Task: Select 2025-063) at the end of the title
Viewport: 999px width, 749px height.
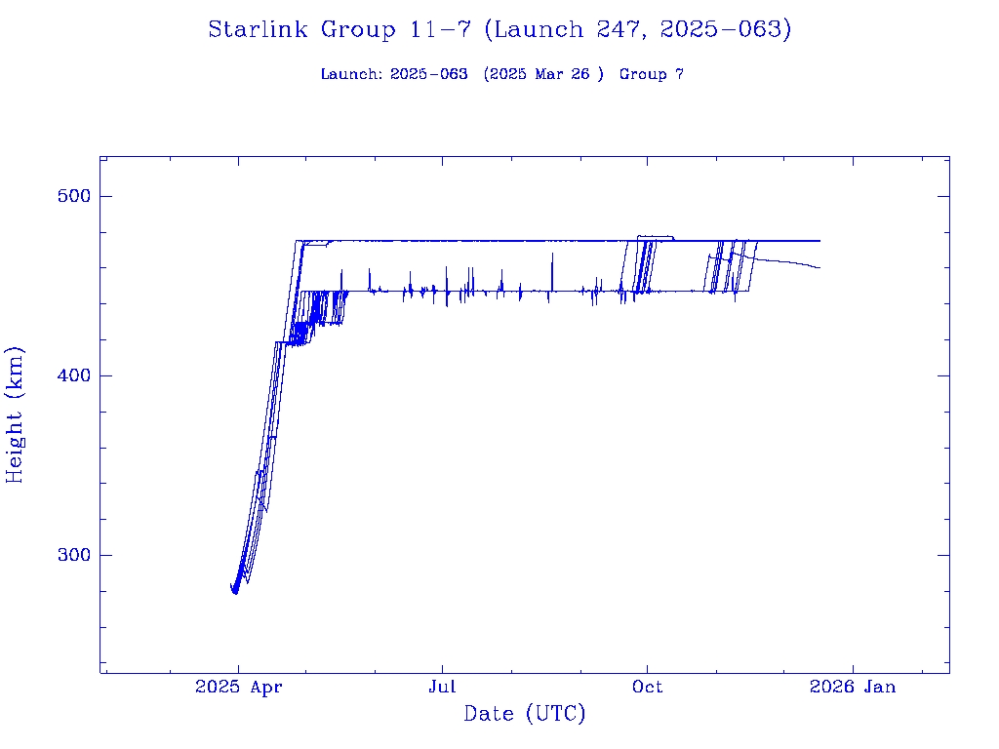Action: pos(725,30)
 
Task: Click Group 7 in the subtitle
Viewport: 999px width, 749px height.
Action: pos(651,74)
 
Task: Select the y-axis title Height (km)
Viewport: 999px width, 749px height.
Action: pos(16,414)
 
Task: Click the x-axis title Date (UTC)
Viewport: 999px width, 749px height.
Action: pos(525,714)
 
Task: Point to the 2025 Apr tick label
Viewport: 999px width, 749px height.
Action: pos(239,687)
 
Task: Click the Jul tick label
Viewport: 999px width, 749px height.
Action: pos(442,687)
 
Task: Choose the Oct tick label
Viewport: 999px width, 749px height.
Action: pos(647,687)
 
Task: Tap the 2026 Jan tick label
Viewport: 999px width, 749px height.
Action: pos(852,687)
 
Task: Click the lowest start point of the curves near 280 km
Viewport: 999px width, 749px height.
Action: pos(235,592)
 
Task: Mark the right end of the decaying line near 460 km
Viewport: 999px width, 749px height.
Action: pos(819,267)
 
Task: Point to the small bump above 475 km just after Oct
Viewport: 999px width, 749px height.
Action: pos(654,236)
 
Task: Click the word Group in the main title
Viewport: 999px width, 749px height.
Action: pos(359,30)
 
